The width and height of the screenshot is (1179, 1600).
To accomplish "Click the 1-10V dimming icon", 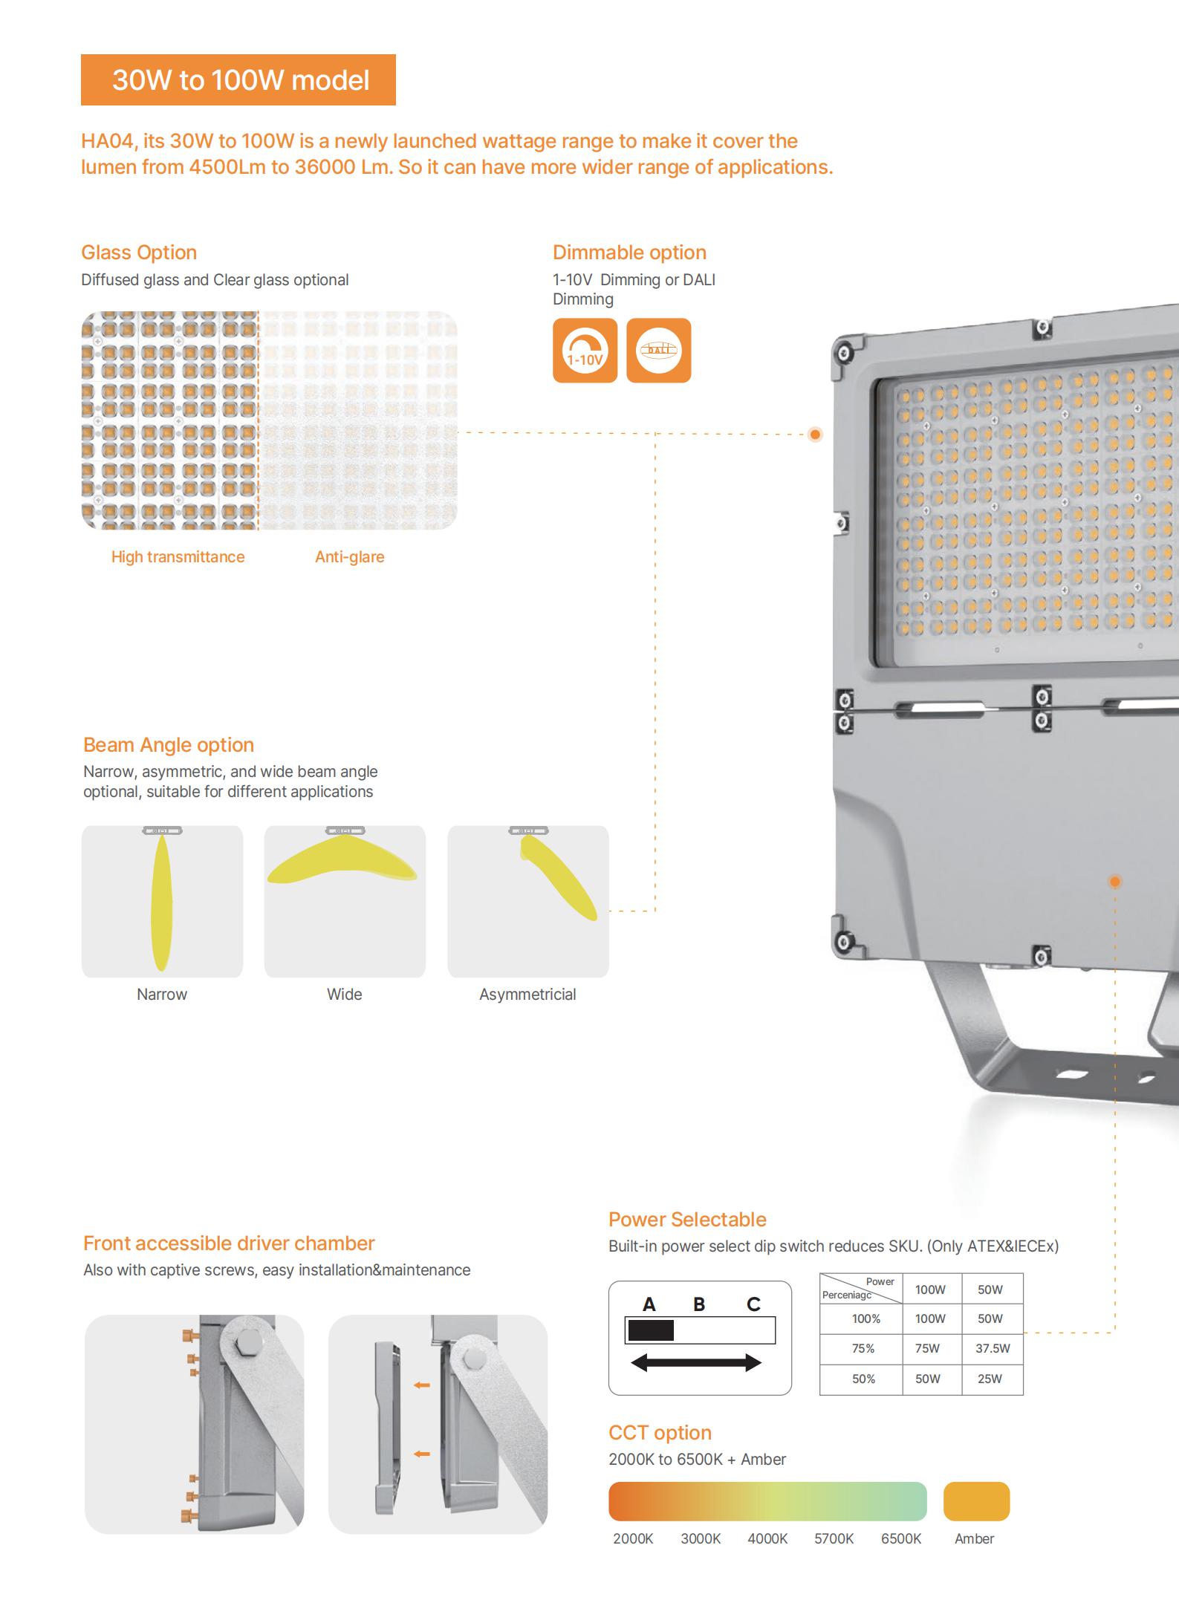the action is pos(585,351).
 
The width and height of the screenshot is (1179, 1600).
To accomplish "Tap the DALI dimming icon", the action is pos(658,351).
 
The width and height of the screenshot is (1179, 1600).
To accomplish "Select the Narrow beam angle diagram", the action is pos(162,901).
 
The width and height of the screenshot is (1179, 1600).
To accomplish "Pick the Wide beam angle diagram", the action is pos(345,901).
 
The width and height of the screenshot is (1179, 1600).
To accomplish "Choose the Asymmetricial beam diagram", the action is pos(528,901).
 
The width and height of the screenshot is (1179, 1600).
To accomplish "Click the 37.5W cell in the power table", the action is pos(993,1348).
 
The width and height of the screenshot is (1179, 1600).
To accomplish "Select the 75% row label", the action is pos(863,1348).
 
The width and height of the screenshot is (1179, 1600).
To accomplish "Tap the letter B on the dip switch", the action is pos(699,1304).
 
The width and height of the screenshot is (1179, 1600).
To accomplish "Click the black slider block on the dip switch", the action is pos(651,1330).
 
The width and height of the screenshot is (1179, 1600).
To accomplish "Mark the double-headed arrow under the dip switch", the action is pos(696,1362).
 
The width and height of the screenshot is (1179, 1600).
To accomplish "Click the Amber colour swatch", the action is pos(976,1501).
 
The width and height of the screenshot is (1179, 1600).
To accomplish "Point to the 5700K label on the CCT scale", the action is pos(834,1538).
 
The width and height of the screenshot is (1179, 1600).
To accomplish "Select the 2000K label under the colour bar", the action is pos(633,1538).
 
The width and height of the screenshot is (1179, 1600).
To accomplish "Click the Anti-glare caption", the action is pos(350,557).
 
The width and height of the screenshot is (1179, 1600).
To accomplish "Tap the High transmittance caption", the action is pos(178,557).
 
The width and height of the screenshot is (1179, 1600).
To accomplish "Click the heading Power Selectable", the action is pos(687,1219).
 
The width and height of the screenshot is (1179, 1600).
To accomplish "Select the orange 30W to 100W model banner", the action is pos(238,79).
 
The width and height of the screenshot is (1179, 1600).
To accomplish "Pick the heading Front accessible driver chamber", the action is pos(229,1243).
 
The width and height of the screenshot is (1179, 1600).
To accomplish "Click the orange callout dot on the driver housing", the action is pos(1114,882).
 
